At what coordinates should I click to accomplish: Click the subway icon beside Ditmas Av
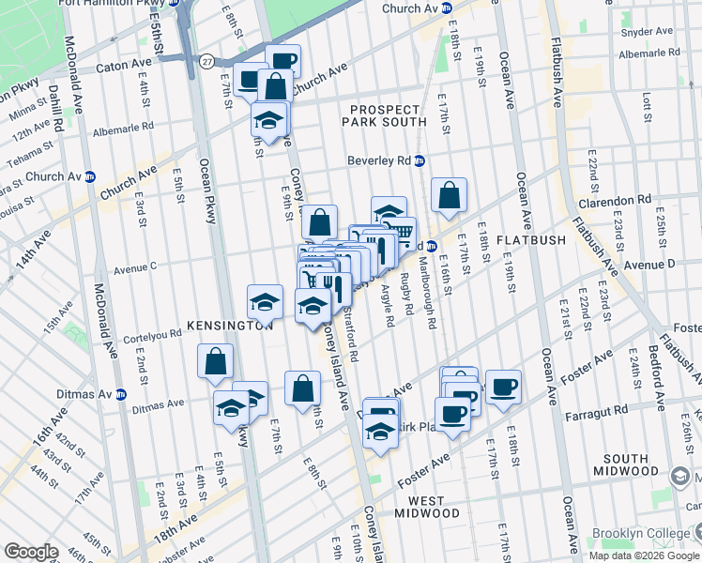point(120,395)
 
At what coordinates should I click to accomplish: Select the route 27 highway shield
point(206,60)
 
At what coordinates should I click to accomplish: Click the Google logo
point(31,552)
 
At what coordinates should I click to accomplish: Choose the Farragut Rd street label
point(597,411)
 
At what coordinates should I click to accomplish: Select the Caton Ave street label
point(124,68)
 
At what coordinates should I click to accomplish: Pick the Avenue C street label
point(134,267)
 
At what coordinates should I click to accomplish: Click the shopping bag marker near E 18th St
point(450,195)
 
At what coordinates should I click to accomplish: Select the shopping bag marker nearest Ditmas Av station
point(215,362)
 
